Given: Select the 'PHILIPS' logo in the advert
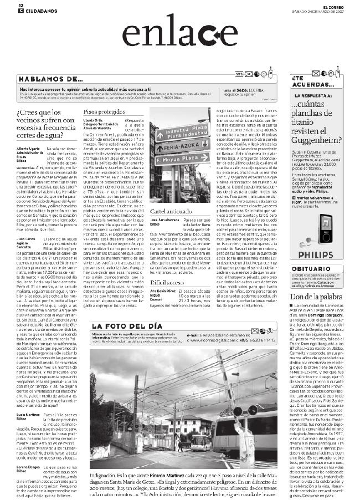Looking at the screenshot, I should coord(317,254).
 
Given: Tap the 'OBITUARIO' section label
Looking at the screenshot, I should coord(310,268).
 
